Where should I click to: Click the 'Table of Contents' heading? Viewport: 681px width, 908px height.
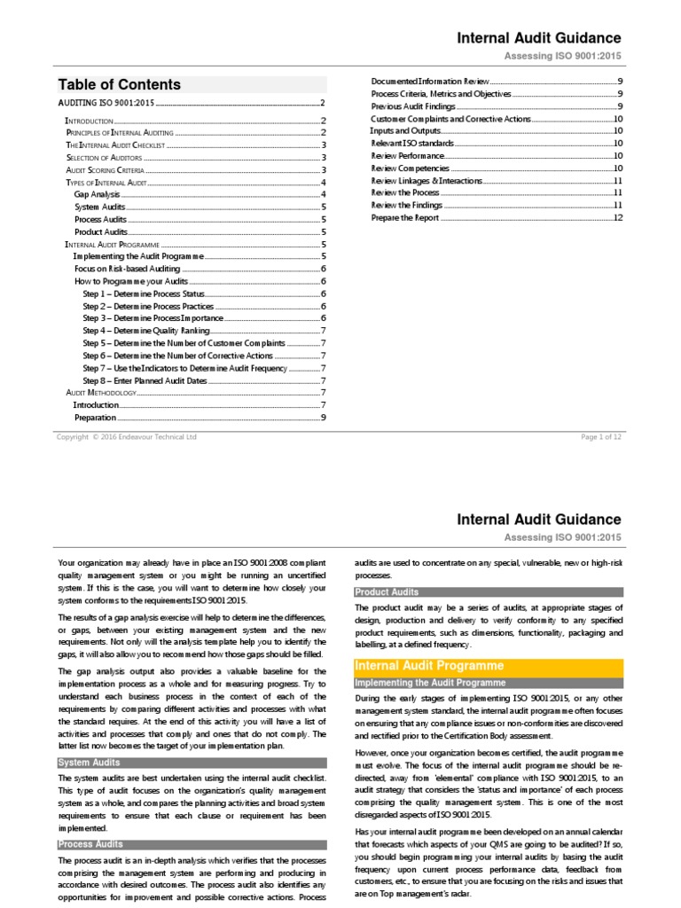tap(120, 85)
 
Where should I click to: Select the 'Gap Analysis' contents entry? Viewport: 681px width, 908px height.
tap(98, 193)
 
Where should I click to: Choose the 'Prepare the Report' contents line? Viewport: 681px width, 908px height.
tap(405, 217)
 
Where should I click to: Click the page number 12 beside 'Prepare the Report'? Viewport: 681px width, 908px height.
tap(618, 217)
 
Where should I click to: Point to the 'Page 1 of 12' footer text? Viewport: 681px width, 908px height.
tap(601, 436)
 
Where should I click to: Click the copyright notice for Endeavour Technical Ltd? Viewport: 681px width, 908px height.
tap(127, 436)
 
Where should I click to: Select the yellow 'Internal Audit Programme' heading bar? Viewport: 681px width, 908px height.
tap(430, 665)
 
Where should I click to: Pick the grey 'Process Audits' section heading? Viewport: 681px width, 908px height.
tap(90, 844)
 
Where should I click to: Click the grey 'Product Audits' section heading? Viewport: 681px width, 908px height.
tap(387, 591)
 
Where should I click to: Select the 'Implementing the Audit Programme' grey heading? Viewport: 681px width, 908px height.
tap(430, 683)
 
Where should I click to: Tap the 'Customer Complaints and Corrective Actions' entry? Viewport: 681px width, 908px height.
tap(450, 118)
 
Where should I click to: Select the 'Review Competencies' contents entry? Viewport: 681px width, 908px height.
tap(410, 168)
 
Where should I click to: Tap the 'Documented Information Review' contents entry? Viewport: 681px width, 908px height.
tap(429, 81)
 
